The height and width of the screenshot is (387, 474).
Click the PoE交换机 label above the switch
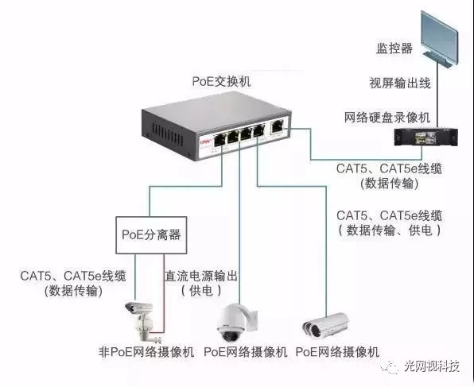221,82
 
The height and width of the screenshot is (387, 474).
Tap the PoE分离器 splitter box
151,235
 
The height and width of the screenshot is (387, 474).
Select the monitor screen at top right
439,39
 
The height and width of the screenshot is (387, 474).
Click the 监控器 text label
394,48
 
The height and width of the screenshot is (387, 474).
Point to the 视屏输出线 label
400,83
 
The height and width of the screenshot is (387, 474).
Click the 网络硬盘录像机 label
387,118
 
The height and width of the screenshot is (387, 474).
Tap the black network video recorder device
425,137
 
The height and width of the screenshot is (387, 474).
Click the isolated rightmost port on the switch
278,126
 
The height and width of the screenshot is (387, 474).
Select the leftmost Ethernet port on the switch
219,141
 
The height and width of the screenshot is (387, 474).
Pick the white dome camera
237,323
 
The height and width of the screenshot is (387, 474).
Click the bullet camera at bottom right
326,325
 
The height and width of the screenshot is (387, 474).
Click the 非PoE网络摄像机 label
146,352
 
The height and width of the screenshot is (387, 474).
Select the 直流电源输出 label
201,276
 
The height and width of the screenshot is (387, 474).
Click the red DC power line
164,293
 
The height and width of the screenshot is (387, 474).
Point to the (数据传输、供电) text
390,230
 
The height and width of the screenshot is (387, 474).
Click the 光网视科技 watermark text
432,366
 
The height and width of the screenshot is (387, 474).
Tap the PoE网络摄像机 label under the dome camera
245,352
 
